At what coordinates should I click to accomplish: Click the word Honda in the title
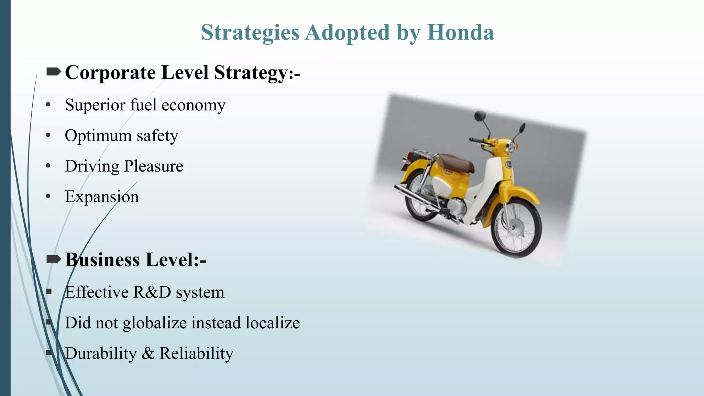460,32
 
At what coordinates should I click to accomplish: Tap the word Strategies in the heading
250,33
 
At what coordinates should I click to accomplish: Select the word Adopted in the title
347,32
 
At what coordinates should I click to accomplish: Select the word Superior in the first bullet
95,105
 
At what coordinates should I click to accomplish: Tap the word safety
157,136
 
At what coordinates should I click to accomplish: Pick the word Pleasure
153,166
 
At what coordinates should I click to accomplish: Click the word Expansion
102,197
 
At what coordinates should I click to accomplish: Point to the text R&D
152,292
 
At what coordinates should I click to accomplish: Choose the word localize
273,323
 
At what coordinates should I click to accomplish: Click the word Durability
101,353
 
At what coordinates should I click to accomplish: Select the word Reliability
196,353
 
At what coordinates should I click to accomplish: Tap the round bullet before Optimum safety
48,135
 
